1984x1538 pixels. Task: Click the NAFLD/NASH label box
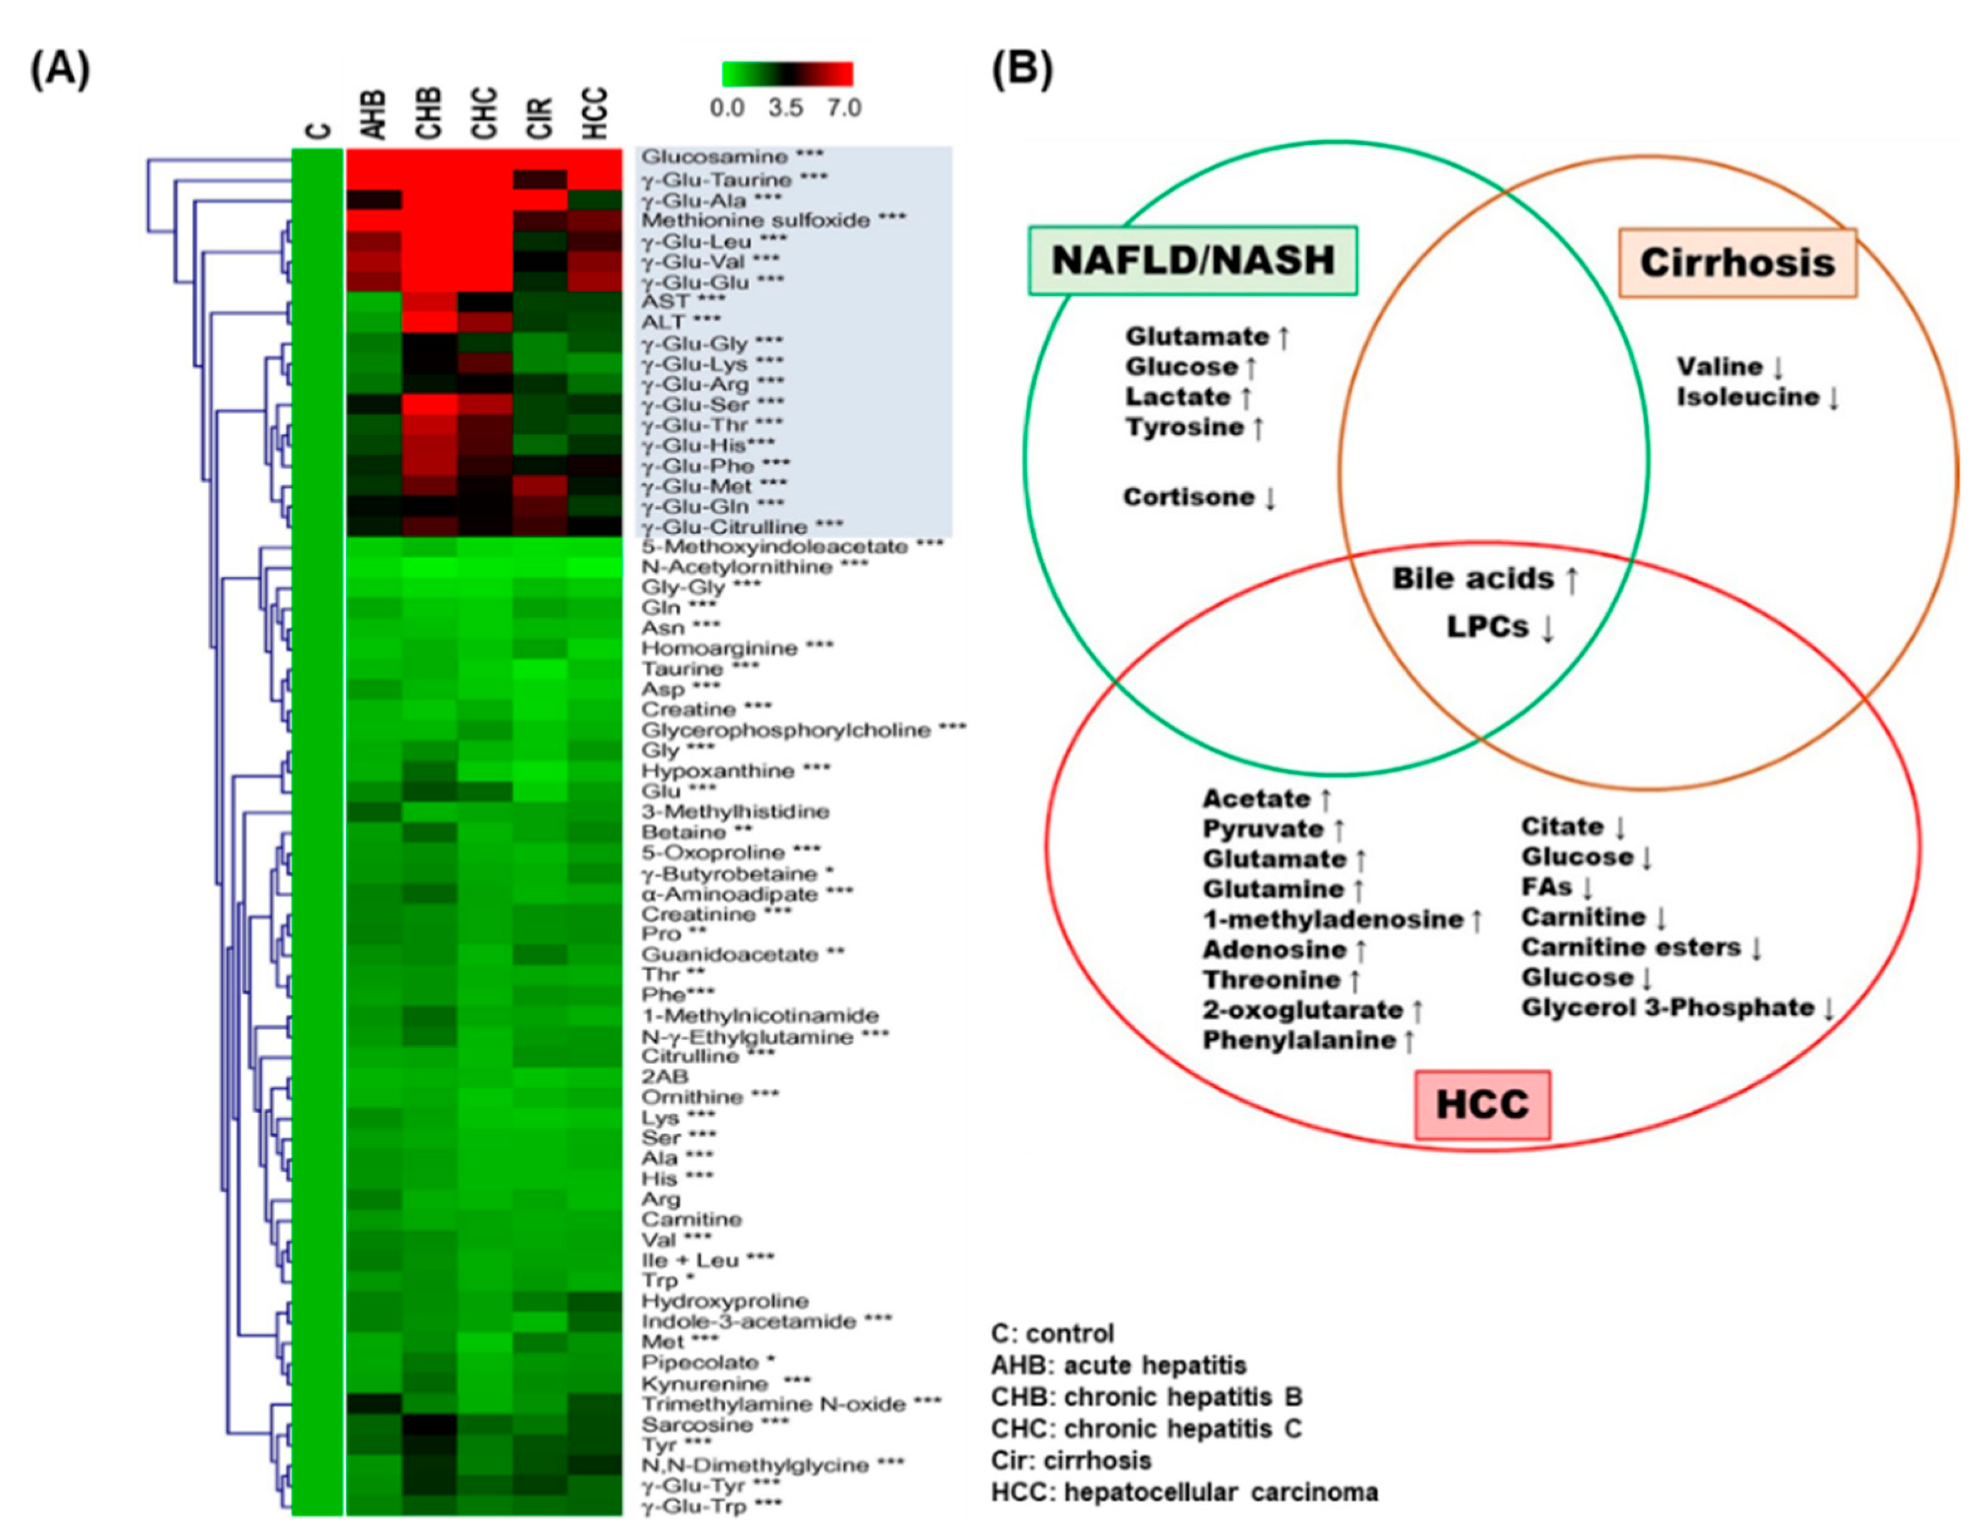(x=1192, y=261)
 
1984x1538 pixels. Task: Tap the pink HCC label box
(x=1482, y=1105)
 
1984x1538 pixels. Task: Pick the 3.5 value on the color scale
(x=785, y=108)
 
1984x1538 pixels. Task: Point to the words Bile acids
(x=1474, y=579)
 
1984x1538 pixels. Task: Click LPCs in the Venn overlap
(x=1488, y=627)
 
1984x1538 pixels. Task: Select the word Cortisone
(x=1189, y=497)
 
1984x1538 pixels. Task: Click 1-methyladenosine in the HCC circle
(x=1332, y=919)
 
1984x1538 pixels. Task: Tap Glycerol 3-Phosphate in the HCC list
(x=1668, y=1008)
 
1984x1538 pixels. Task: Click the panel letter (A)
(x=60, y=69)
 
